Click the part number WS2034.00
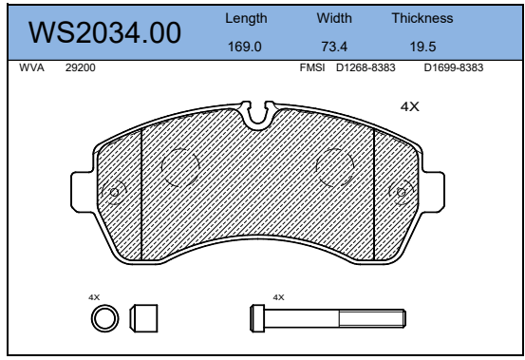[x=104, y=32]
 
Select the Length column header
[x=246, y=18]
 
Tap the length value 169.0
[x=244, y=47]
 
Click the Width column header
[x=334, y=18]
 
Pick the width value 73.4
[x=334, y=47]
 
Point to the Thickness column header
[x=422, y=18]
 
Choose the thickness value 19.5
[x=422, y=47]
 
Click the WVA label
[x=31, y=67]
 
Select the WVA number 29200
[x=81, y=67]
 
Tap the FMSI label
[x=312, y=67]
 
